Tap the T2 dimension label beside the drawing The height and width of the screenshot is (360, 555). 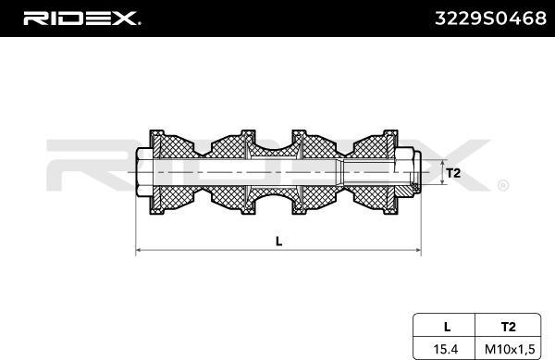click(452, 173)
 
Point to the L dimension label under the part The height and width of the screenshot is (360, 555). click(278, 241)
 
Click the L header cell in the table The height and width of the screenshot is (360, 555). click(447, 326)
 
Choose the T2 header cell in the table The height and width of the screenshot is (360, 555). click(509, 326)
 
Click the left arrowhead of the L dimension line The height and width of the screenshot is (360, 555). click(140, 250)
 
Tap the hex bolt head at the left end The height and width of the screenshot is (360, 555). click(144, 173)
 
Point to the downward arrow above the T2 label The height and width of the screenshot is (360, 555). click(438, 157)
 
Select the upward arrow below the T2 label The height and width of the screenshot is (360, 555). click(438, 189)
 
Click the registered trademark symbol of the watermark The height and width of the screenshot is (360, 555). click(502, 185)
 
